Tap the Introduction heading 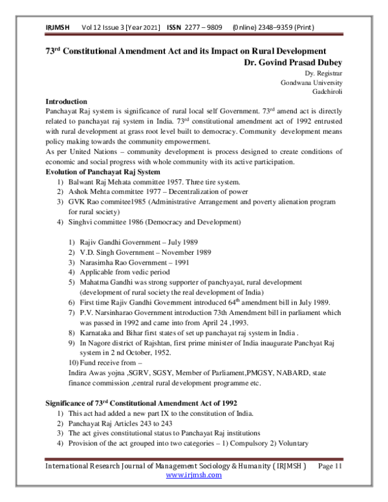[x=67, y=102]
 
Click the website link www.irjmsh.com [x=194, y=475]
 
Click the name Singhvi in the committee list [x=81, y=222]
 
